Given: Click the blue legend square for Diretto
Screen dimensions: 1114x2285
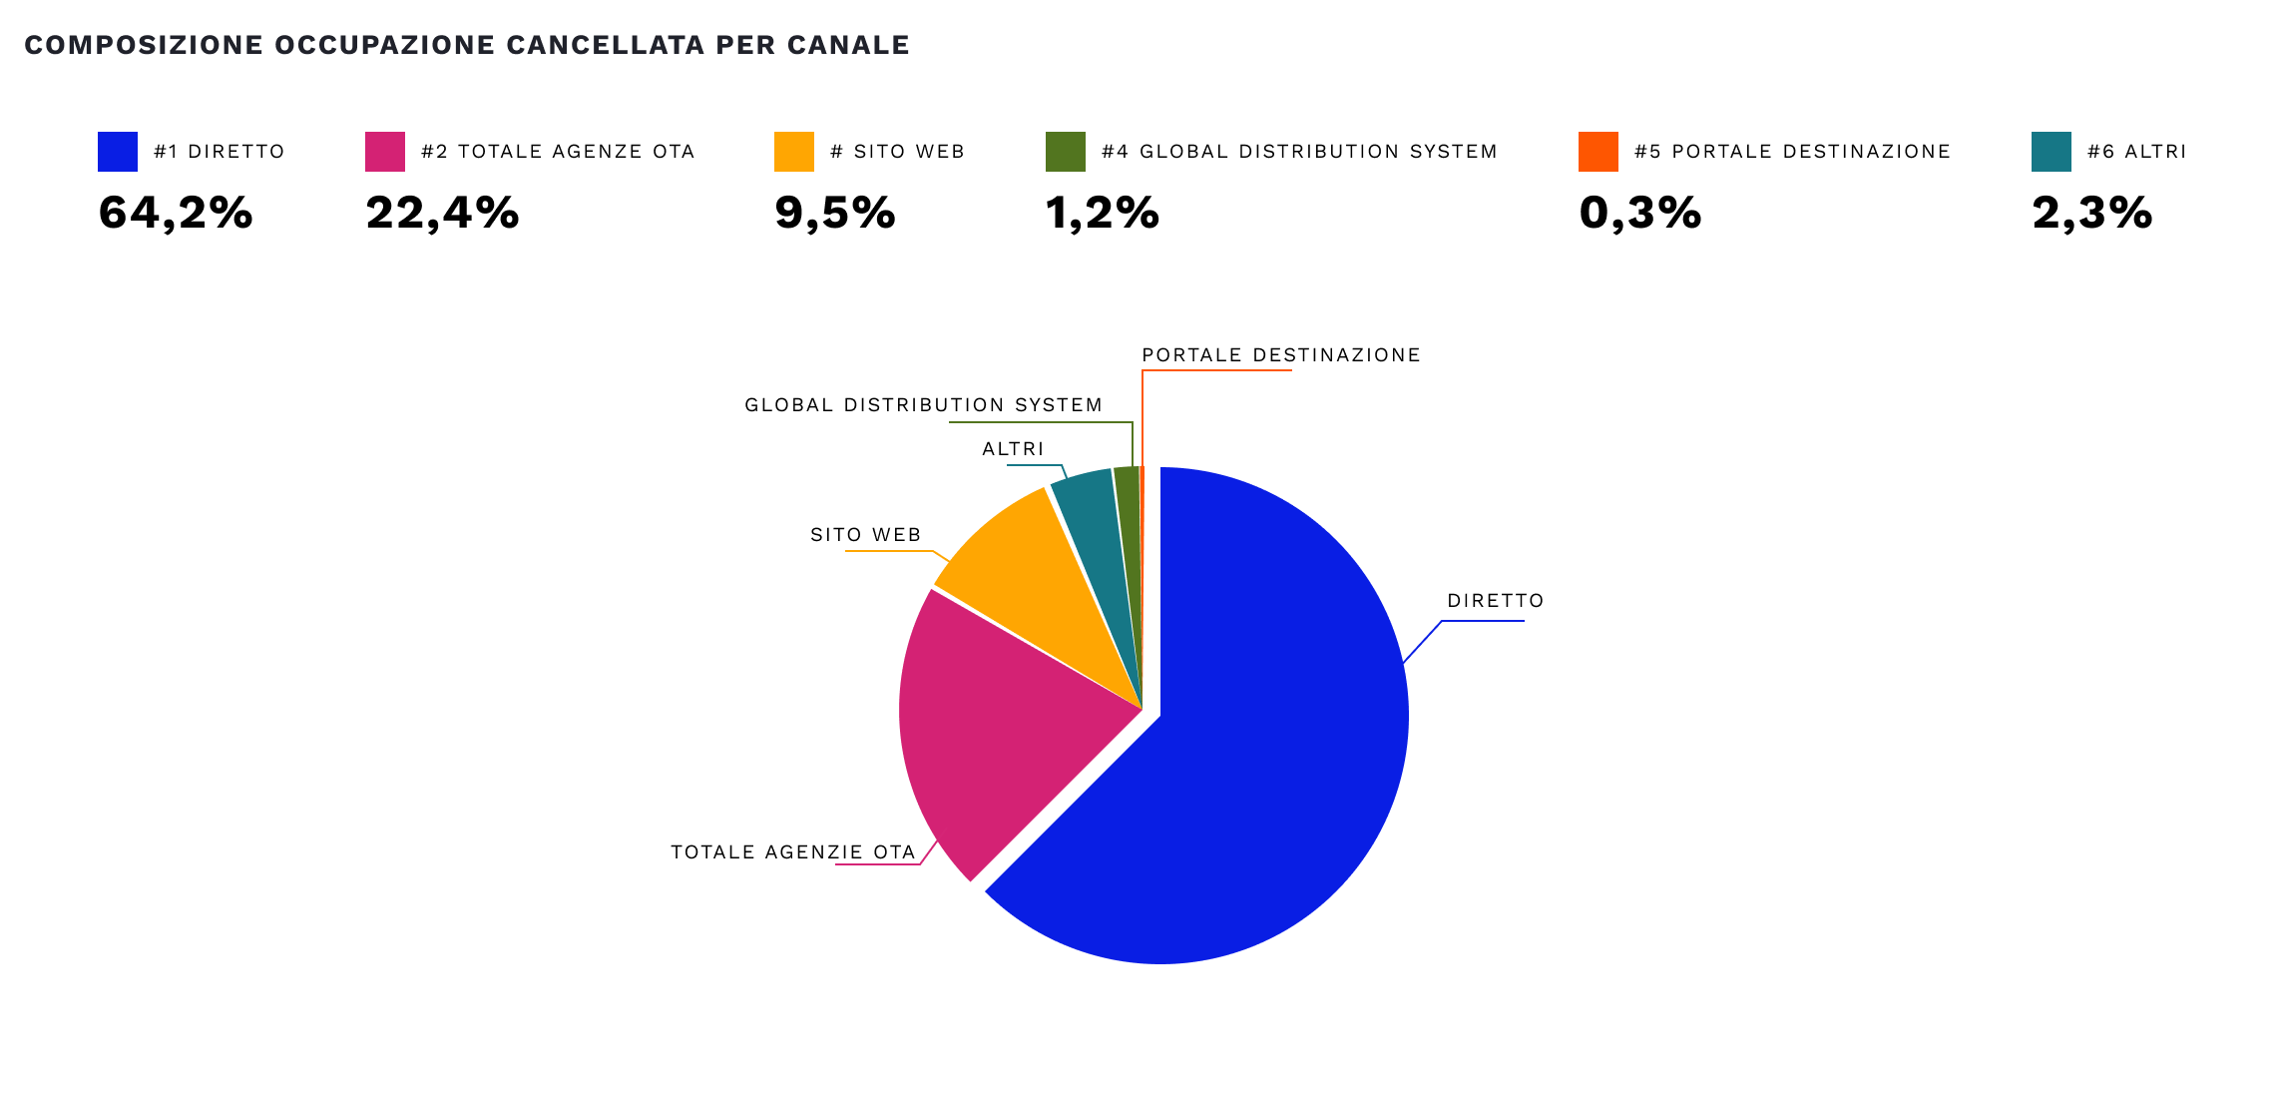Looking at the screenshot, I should tap(118, 152).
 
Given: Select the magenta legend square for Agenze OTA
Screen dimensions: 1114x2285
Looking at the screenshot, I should tap(385, 152).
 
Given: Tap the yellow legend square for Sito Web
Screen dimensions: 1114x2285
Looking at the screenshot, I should tap(794, 152).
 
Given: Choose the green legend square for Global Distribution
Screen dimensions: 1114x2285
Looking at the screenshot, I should tap(1066, 152).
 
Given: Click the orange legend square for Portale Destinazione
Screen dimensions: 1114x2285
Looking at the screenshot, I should tap(1599, 152).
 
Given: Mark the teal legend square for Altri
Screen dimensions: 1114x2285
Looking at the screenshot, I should tap(2052, 152).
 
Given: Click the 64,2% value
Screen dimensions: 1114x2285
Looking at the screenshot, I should tap(176, 213).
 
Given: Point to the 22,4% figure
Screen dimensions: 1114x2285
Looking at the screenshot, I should tap(443, 213).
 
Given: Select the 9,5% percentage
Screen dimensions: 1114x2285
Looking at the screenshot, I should tap(835, 213).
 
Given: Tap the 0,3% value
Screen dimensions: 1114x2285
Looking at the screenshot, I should tap(1640, 213).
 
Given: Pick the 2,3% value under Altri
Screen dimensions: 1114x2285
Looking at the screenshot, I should tap(2092, 213).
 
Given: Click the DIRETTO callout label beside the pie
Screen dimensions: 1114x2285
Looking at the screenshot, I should tap(1496, 601).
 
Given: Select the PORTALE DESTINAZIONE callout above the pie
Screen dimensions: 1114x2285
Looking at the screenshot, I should tap(1281, 355).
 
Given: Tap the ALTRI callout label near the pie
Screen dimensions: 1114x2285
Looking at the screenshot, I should tap(1013, 449).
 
